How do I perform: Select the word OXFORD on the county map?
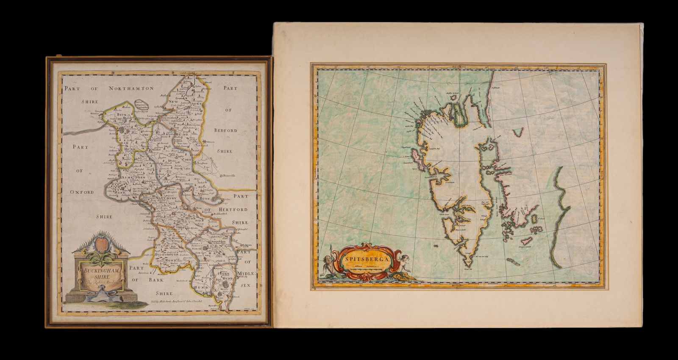(x=82, y=192)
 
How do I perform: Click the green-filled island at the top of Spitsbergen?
(x=458, y=112)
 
